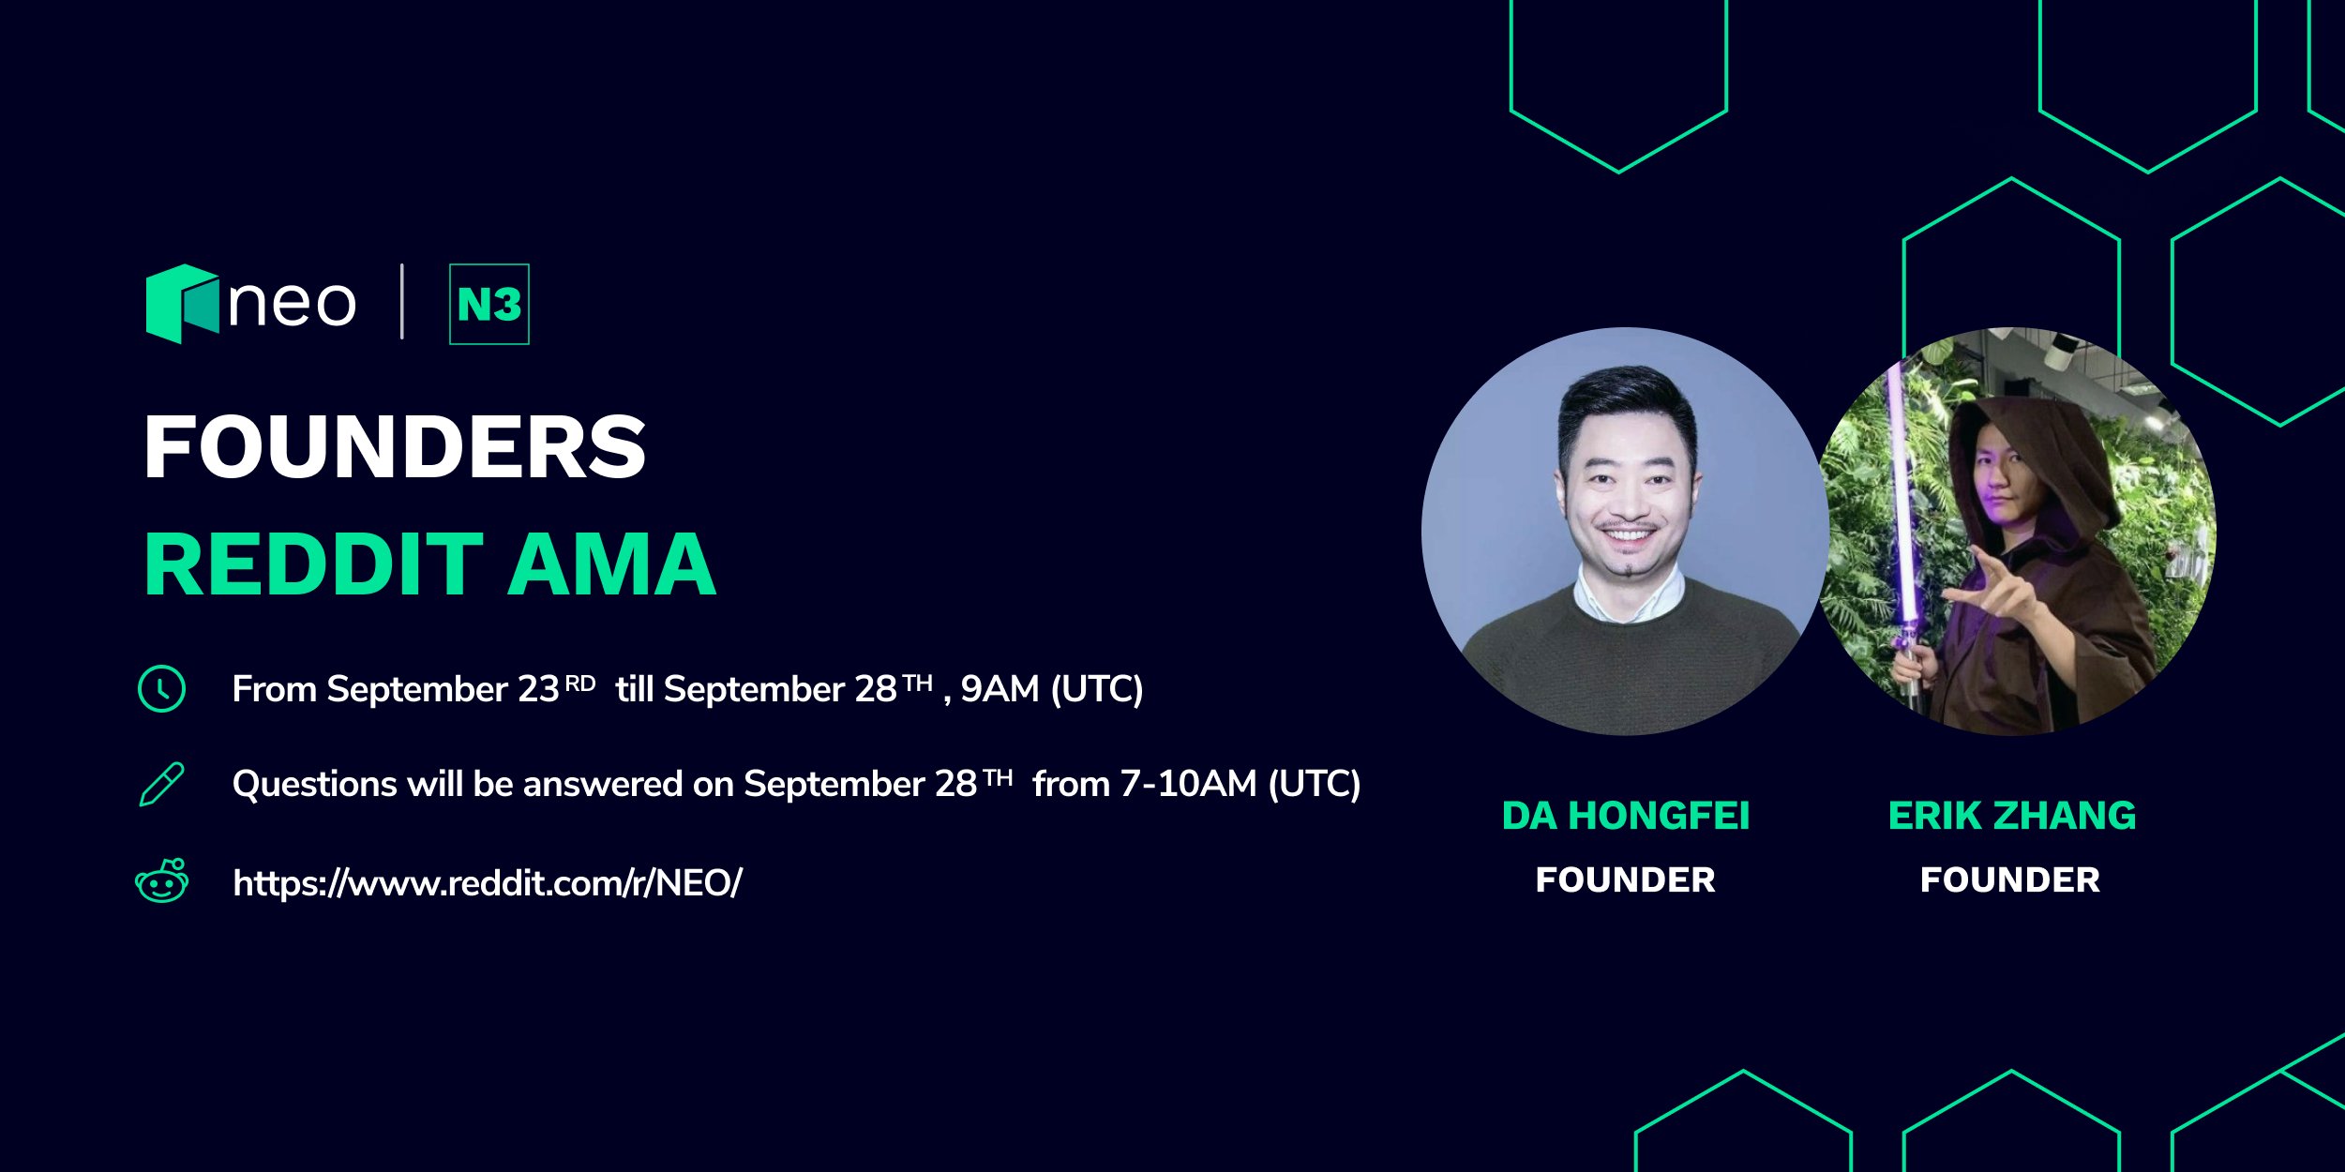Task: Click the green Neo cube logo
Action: click(182, 304)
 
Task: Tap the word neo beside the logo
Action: click(293, 304)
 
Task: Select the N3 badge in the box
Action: click(489, 304)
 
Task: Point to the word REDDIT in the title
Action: click(314, 564)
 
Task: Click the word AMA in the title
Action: click(611, 564)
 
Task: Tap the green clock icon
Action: click(161, 689)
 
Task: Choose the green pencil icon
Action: click(161, 785)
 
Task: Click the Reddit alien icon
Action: click(161, 880)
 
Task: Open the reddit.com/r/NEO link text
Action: click(488, 882)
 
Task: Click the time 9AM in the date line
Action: click(1000, 689)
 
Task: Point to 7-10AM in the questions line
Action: click(1188, 784)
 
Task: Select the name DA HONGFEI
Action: click(1626, 816)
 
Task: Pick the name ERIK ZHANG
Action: click(2012, 816)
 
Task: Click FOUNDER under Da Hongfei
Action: click(1626, 880)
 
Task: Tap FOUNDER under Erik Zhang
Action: click(2010, 880)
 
